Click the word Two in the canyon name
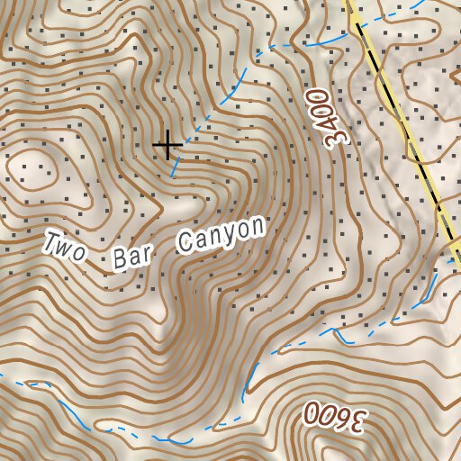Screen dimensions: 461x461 click(66, 247)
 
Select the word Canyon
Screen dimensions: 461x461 click(222, 234)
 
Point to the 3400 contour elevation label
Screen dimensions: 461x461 click(326, 116)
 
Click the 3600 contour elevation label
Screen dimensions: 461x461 click(336, 416)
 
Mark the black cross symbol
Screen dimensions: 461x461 click(167, 144)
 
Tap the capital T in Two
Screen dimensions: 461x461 click(52, 241)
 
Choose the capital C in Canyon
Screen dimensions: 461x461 click(187, 243)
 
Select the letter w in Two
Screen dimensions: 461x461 click(67, 248)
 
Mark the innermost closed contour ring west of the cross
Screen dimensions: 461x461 click(32, 168)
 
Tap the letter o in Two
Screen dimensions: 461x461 click(81, 252)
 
